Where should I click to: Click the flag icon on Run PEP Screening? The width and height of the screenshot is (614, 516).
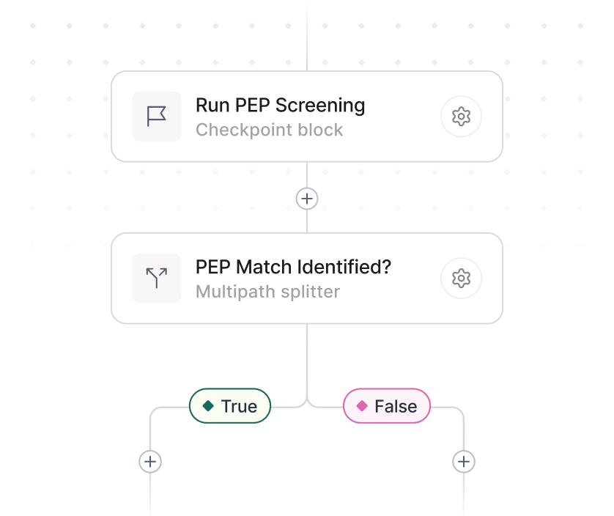click(x=157, y=117)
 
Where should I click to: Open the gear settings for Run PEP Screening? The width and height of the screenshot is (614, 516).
click(x=461, y=117)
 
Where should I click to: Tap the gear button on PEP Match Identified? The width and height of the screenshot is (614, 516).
click(x=461, y=279)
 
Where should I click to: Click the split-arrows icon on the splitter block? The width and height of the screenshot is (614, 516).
click(x=157, y=279)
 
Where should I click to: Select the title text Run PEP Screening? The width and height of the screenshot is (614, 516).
click(x=280, y=106)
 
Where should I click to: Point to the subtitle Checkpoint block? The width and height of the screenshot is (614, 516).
click(x=269, y=130)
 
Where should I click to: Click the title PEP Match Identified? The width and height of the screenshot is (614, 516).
click(x=293, y=268)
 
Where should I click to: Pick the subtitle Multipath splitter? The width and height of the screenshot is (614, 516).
click(x=267, y=292)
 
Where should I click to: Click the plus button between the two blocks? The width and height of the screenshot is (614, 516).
click(x=307, y=199)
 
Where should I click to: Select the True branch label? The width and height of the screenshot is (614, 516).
click(x=230, y=406)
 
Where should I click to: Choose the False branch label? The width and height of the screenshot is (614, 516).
click(x=387, y=406)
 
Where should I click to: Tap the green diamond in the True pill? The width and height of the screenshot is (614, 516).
click(x=208, y=406)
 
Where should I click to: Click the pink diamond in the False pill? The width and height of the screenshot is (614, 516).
click(x=361, y=406)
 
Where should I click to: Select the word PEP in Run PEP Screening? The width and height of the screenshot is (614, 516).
click(x=253, y=106)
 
